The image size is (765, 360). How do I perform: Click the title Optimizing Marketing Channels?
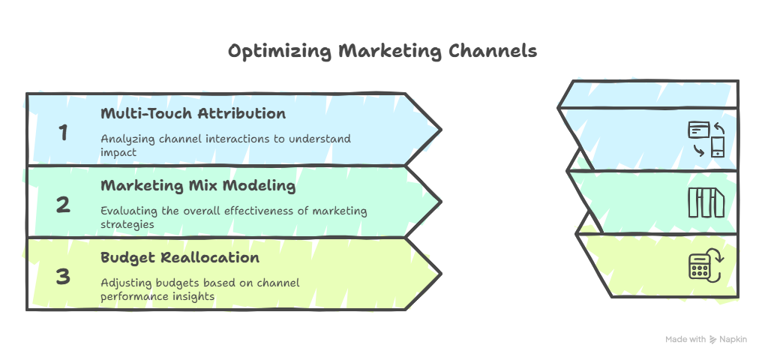pyautogui.click(x=382, y=51)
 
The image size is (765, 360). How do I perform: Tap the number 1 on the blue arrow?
pyautogui.click(x=63, y=133)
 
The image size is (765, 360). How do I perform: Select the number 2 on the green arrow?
pyautogui.click(x=63, y=205)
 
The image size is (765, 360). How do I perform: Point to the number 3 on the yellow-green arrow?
pyautogui.click(x=63, y=277)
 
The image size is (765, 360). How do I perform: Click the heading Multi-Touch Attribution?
pyautogui.click(x=193, y=113)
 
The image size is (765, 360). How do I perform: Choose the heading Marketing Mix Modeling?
pyautogui.click(x=198, y=186)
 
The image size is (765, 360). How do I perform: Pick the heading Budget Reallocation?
pyautogui.click(x=180, y=257)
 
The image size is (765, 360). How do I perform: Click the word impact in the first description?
pyautogui.click(x=118, y=152)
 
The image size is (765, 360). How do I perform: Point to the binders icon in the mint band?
pyautogui.click(x=706, y=202)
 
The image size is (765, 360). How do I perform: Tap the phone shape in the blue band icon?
pyautogui.click(x=718, y=147)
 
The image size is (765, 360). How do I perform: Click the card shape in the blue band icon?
pyautogui.click(x=698, y=130)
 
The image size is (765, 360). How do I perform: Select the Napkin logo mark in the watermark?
pyautogui.click(x=713, y=340)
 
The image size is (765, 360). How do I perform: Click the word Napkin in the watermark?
pyautogui.click(x=733, y=340)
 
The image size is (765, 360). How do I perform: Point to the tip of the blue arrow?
pyautogui.click(x=442, y=130)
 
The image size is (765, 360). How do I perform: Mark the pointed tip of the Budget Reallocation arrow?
pyautogui.click(x=442, y=274)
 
